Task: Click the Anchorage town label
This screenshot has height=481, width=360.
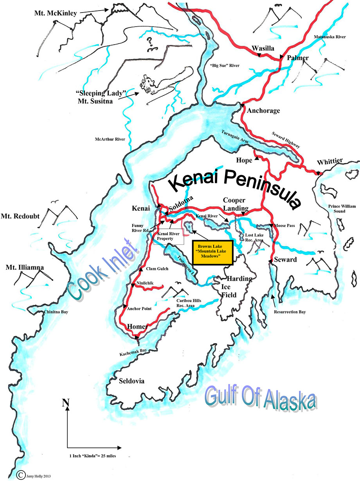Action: [x=263, y=111]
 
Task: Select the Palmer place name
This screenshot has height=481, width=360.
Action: [x=298, y=58]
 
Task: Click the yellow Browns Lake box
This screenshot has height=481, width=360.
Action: [x=213, y=252]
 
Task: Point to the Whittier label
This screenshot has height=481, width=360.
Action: [x=330, y=161]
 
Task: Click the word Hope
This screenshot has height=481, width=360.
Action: [x=245, y=160]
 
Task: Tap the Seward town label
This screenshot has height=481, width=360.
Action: [x=285, y=260]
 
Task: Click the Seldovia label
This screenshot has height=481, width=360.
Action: [x=131, y=381]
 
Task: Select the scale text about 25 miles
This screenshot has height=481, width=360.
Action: [x=91, y=456]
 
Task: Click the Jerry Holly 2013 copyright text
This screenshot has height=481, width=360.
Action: [x=37, y=476]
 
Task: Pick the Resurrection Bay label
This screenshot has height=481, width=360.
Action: [x=290, y=312]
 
